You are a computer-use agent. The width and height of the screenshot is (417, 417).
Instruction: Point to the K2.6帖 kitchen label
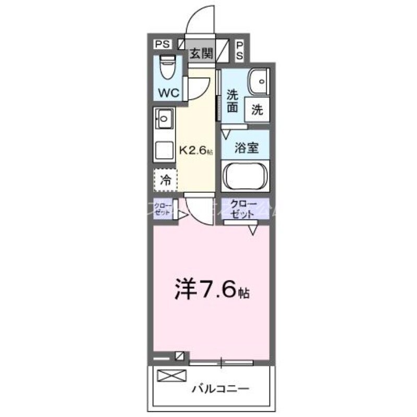[195, 151]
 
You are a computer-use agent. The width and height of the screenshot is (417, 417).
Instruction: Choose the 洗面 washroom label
[232, 102]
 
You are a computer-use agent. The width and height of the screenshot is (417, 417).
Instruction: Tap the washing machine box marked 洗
[257, 109]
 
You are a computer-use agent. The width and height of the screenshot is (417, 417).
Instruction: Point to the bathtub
[246, 176]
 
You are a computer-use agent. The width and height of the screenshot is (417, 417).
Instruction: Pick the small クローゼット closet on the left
[164, 208]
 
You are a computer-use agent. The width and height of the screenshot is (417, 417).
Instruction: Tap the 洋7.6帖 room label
[212, 288]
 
